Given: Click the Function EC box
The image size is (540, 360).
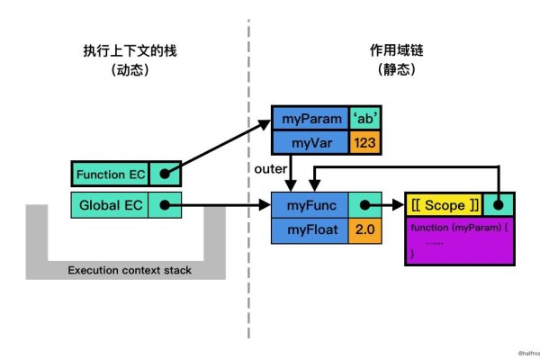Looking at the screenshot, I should click(109, 174).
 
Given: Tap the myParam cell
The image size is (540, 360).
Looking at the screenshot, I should click(310, 119).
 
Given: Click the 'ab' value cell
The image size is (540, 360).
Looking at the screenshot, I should click(364, 119).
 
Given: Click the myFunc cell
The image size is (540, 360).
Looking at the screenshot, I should click(310, 205).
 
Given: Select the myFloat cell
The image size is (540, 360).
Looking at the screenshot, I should click(310, 231).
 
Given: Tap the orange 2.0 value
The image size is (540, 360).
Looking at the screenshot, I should click(364, 231).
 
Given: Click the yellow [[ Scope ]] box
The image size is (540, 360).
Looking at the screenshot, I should click(444, 205).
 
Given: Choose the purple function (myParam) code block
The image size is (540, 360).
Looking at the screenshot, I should click(460, 241).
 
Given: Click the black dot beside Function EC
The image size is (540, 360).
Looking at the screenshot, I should click(165, 174).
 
